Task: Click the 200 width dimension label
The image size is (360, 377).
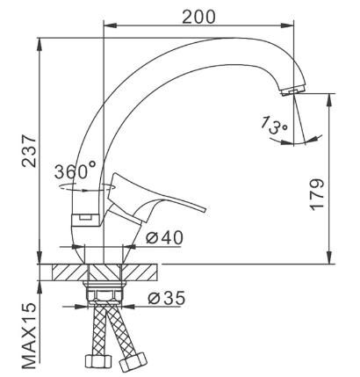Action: coord(198,17)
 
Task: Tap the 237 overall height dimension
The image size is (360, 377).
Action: coord(29,151)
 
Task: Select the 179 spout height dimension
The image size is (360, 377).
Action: coord(317,194)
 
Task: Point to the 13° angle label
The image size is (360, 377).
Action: coord(274,125)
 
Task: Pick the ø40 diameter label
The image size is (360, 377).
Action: coord(164,237)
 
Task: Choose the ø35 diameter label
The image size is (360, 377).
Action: coord(167,298)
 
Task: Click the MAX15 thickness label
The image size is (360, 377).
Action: coord(29,336)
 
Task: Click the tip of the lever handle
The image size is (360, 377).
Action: coord(204,210)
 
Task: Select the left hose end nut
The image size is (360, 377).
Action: coord(98,360)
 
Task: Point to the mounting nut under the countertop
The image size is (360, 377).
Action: coord(104,291)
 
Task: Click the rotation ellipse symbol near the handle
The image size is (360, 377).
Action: coord(86,187)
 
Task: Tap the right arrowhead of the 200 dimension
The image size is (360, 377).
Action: coord(287,25)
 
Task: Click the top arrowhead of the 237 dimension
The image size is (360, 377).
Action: coord(40,45)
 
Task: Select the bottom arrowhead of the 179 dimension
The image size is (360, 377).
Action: coord(329,257)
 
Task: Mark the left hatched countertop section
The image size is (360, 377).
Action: coord(70,272)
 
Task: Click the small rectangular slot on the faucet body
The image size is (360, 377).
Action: coord(85,217)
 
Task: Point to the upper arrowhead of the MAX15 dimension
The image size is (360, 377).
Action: coord(40,287)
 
